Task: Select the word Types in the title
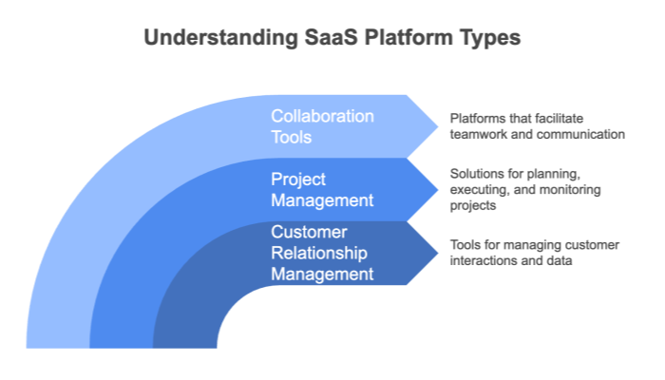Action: click(486, 38)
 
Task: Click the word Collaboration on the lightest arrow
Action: click(322, 116)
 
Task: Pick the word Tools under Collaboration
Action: click(292, 138)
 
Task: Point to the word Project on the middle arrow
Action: click(299, 179)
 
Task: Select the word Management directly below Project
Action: click(322, 200)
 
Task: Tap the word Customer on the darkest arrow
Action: click(308, 233)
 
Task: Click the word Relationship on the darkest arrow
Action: click(318, 254)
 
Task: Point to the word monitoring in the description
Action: click(575, 189)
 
